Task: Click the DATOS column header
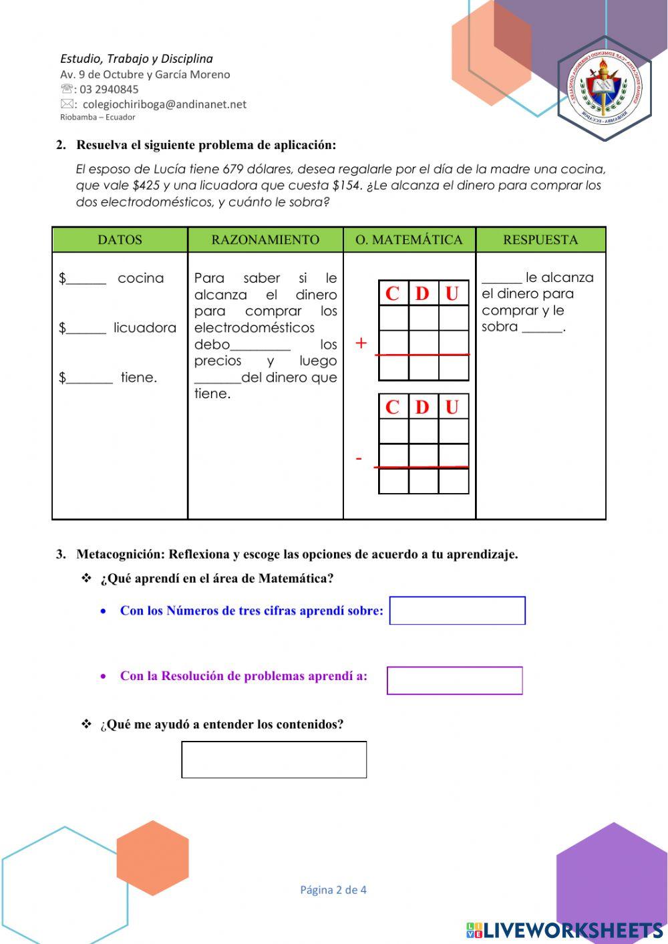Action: (120, 240)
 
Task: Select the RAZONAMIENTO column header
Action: (265, 240)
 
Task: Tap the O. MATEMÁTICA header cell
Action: (409, 240)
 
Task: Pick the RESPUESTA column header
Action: (540, 240)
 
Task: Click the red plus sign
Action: (361, 343)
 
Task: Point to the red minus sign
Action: (359, 459)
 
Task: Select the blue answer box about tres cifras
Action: (458, 611)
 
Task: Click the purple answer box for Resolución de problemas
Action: (455, 681)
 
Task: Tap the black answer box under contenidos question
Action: (274, 760)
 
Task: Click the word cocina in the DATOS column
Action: (140, 278)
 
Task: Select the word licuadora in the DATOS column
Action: (145, 328)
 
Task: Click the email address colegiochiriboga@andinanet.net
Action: (164, 104)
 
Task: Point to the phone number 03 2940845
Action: (110, 90)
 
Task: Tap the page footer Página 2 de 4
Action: (333, 890)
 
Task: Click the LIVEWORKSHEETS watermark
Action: (564, 930)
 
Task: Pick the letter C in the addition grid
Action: (393, 293)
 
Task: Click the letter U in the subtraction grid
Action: (452, 407)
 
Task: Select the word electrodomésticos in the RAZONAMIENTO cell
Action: (254, 328)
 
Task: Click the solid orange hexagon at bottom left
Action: (152, 858)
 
